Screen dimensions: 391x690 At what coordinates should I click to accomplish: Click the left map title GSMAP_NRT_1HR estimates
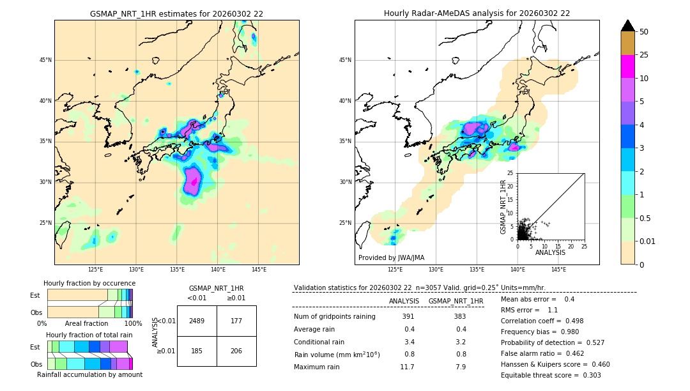(x=176, y=13)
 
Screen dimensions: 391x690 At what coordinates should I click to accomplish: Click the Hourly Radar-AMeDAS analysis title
(x=477, y=13)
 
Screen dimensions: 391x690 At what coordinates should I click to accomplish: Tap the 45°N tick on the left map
(x=45, y=60)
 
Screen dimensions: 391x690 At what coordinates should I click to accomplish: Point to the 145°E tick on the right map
(x=558, y=270)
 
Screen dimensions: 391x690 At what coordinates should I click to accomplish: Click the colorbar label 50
(x=644, y=32)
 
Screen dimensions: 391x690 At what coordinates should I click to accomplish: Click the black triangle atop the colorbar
(x=628, y=26)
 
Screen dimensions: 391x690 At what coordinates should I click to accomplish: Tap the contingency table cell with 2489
(x=197, y=321)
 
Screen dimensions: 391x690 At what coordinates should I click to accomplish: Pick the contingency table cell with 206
(x=236, y=351)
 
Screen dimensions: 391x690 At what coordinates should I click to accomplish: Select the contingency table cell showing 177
(x=236, y=321)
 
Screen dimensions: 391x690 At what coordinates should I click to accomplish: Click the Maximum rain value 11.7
(x=407, y=367)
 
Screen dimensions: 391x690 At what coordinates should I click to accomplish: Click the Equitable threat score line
(x=551, y=375)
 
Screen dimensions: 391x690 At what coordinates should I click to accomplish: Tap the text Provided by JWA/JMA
(x=391, y=258)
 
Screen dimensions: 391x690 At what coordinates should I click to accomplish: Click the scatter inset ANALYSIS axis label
(x=550, y=252)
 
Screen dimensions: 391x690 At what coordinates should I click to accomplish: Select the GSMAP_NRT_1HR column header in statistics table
(x=456, y=301)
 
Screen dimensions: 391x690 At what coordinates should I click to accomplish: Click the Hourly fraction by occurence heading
(x=89, y=283)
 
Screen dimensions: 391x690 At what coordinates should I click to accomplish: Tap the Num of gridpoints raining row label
(x=334, y=316)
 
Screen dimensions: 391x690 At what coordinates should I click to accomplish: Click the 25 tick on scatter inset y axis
(x=510, y=173)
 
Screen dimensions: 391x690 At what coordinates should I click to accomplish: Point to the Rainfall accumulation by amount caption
(x=89, y=374)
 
